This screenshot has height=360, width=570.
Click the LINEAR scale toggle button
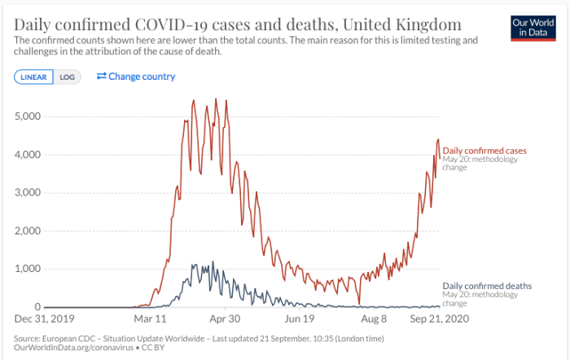tap(34, 77)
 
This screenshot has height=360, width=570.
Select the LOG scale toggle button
tap(67, 77)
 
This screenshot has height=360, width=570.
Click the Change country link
tap(135, 77)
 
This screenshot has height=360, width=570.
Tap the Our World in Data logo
tap(533, 26)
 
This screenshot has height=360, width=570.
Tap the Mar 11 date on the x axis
tap(151, 319)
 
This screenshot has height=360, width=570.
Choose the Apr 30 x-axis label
tap(224, 319)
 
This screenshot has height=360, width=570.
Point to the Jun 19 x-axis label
tap(299, 319)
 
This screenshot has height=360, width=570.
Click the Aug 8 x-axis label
tap(374, 319)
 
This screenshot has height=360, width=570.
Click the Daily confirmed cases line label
tap(484, 151)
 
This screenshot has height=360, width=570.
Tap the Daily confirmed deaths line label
tap(487, 286)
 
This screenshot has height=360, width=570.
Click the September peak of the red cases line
tap(438, 139)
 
